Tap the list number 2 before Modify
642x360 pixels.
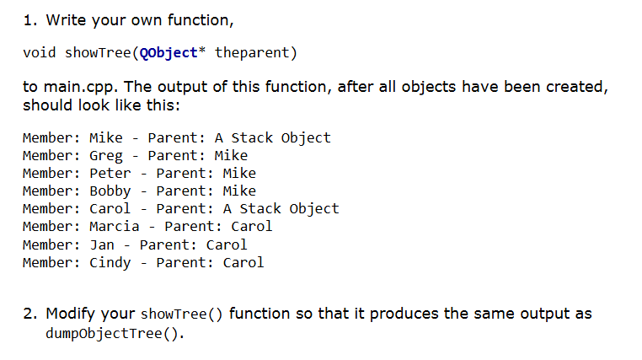[x=29, y=314]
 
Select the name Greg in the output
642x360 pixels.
[x=105, y=156]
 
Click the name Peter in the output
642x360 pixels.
[x=110, y=174]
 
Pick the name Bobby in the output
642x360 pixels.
[x=110, y=191]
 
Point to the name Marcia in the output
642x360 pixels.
[x=114, y=227]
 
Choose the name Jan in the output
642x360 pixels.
[x=101, y=244]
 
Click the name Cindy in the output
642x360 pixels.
[x=110, y=262]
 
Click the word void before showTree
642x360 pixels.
[x=40, y=53]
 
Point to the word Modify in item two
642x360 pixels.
[x=72, y=314]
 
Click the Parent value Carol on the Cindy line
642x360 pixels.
[x=243, y=262]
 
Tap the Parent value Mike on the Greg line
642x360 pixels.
[x=231, y=156]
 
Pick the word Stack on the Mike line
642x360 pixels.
[x=252, y=138]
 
